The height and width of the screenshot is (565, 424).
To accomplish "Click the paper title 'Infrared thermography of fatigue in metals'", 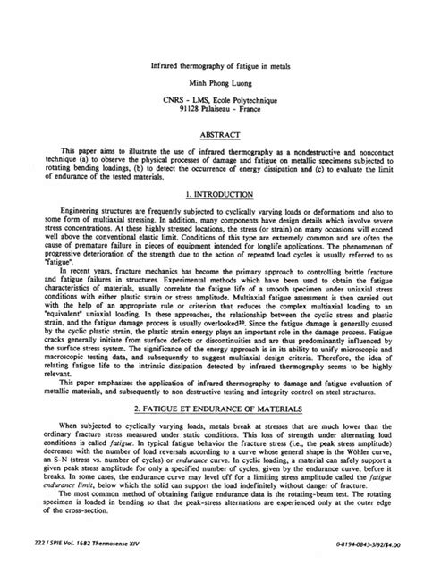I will [212, 64].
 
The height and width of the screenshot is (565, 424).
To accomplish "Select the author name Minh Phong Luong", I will [212, 81].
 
